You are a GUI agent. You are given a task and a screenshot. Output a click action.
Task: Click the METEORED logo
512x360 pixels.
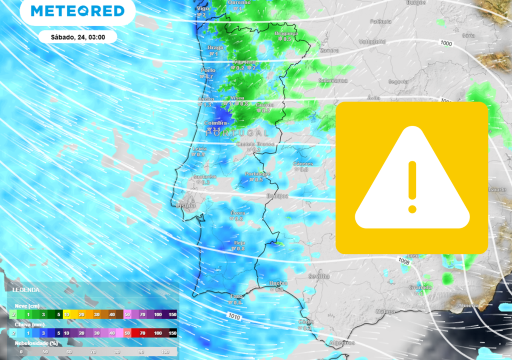tap(77, 11)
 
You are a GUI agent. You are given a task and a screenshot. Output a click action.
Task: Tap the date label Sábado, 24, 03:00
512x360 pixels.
tap(77, 37)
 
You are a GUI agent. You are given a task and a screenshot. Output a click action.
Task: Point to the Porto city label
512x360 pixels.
tap(208, 70)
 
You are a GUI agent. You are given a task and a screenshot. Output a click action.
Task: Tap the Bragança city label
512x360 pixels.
tap(286, 33)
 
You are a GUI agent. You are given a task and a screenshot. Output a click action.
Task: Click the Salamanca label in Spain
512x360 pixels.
tap(333, 80)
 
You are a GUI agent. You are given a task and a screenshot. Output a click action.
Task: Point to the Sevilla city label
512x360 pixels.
tap(319, 276)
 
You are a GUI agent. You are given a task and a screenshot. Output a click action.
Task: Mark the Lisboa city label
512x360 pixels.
tap(186, 205)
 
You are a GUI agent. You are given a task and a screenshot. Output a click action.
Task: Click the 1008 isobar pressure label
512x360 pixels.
tap(404, 260)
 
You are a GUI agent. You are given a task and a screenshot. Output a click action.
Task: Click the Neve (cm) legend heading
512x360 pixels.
tap(27, 306)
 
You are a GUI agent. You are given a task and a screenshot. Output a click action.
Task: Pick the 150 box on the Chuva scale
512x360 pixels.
tap(172, 333)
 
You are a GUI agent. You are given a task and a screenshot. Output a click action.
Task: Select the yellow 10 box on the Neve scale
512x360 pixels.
tap(66, 314)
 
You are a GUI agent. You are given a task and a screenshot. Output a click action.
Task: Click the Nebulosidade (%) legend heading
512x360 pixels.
tap(36, 343)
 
